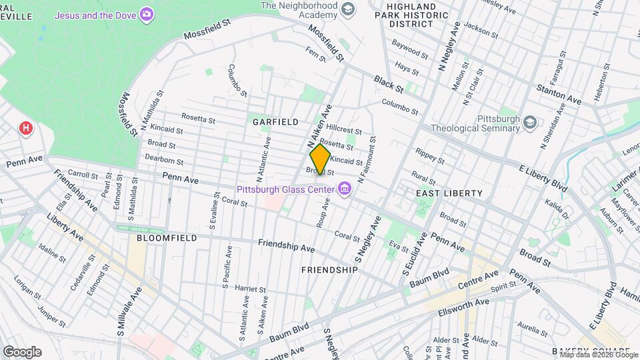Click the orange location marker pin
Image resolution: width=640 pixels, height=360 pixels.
click(320, 159)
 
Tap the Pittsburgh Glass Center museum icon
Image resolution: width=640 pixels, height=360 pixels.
click(345, 190)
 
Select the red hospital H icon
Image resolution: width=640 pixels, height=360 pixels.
click(26, 127)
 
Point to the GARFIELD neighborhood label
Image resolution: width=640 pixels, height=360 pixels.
click(275, 122)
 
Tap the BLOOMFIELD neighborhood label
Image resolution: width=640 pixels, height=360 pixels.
click(167, 237)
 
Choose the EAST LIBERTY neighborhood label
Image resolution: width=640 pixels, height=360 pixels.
click(449, 193)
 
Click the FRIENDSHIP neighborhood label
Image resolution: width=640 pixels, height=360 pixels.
click(329, 270)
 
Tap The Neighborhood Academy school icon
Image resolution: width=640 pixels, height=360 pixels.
click(347, 9)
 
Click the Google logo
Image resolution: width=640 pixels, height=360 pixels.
click(22, 351)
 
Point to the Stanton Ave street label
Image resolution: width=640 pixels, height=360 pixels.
click(559, 94)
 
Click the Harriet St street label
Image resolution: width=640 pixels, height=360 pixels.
click(251, 289)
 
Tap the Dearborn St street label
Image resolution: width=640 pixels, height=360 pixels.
click(165, 161)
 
